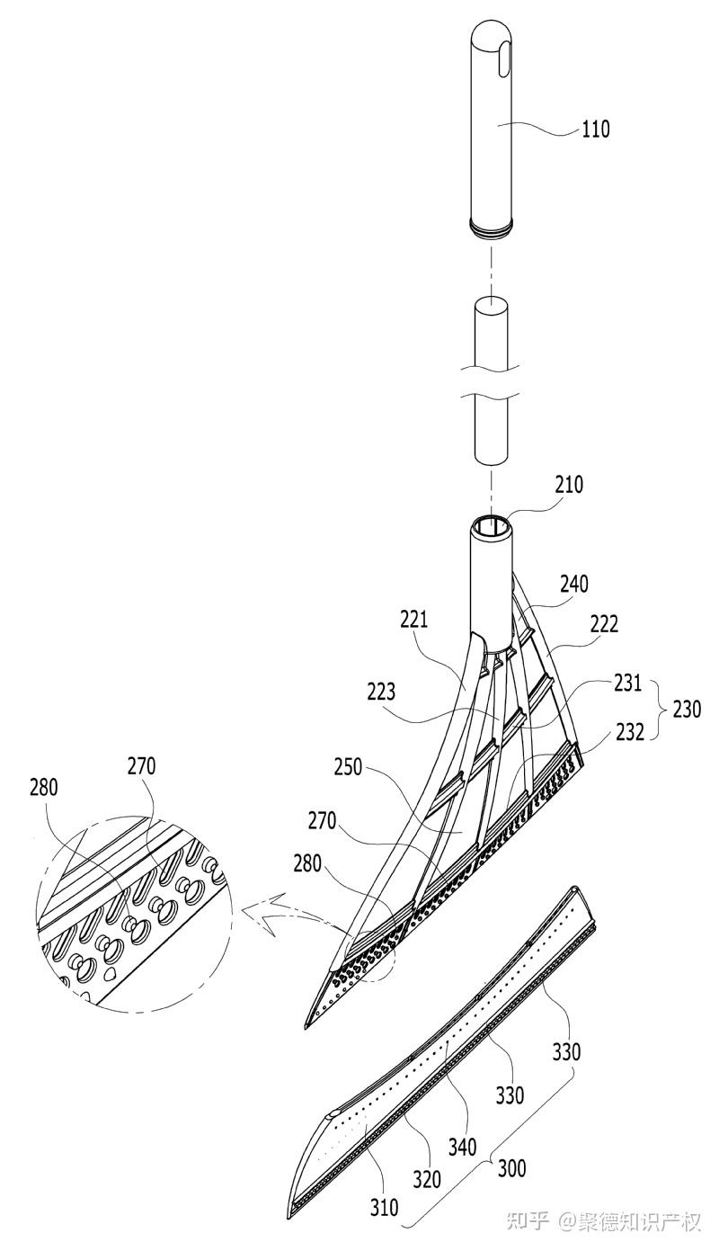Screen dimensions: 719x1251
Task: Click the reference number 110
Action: (596, 130)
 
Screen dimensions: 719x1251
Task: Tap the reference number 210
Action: (569, 485)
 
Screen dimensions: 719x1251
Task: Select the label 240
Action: (574, 585)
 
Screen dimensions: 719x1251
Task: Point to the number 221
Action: (413, 620)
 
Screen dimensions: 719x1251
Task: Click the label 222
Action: (603, 624)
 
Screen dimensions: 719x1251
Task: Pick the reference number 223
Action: (381, 692)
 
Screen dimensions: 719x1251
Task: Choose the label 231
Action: (627, 683)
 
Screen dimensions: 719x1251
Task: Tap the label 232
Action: (630, 732)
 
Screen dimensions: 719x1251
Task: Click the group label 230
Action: (686, 710)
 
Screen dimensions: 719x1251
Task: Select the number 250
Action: (349, 767)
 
